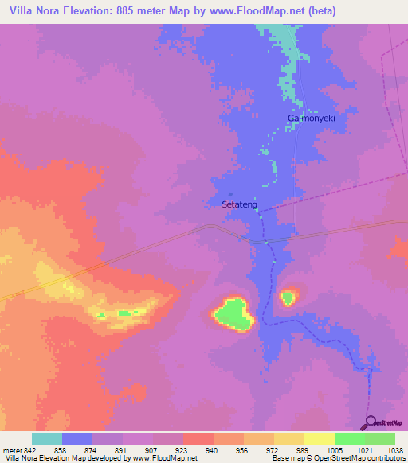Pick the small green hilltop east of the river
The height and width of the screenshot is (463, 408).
tap(287, 298)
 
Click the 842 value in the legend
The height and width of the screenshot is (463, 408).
tap(30, 449)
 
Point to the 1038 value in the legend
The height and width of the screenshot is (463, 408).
tap(394, 449)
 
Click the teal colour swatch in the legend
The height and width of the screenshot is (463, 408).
tap(47, 438)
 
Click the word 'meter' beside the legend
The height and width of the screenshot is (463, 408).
tap(11, 449)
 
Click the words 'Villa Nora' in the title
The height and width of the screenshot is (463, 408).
tap(33, 11)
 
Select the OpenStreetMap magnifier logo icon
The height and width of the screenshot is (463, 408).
tap(367, 422)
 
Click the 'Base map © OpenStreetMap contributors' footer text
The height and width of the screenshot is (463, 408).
tap(340, 458)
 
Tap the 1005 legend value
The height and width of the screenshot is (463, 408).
tap(335, 449)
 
